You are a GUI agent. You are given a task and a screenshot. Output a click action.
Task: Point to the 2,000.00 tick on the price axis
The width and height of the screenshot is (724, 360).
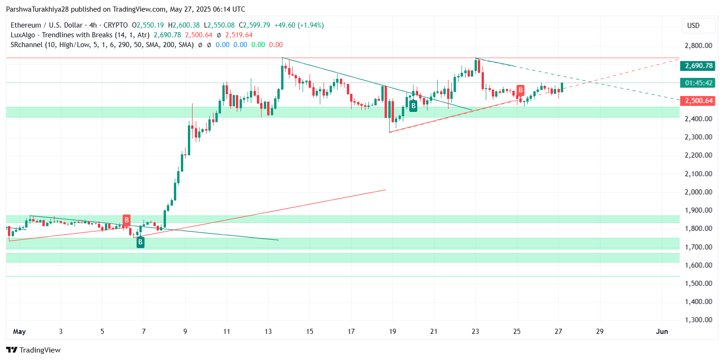(698, 192)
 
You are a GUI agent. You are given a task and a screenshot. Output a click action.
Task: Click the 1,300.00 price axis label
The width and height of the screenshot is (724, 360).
(698, 320)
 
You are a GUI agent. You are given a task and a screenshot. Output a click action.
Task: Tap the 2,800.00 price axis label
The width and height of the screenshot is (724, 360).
(698, 46)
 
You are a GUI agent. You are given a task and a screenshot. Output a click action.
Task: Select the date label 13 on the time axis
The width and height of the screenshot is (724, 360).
(268, 332)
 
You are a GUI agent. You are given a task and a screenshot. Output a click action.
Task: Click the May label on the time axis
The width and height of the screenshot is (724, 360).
(19, 332)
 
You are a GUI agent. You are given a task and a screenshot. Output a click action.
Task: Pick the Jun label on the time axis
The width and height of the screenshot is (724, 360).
(662, 332)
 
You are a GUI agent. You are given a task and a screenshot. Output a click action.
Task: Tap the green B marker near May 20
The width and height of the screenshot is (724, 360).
(413, 106)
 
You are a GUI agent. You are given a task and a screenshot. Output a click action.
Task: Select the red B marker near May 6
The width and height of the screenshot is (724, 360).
(126, 220)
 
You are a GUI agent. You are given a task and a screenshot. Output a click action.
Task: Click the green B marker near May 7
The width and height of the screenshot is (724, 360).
(140, 242)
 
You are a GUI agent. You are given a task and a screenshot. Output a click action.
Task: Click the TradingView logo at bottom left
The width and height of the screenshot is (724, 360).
(33, 350)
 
